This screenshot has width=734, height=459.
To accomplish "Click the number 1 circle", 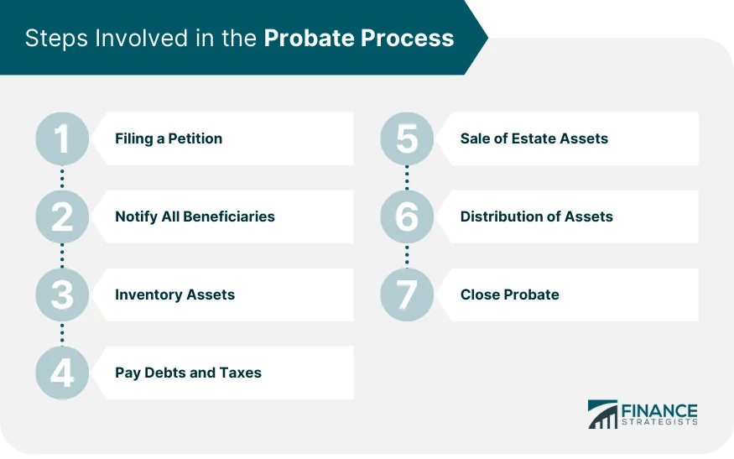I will click(x=62, y=138).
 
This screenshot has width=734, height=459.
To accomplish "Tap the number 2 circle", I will click(x=62, y=216).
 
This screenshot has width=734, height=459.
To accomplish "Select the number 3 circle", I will click(x=62, y=295).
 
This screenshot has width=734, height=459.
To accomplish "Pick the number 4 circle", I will click(x=62, y=373).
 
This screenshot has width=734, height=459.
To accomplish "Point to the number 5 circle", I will click(x=407, y=138).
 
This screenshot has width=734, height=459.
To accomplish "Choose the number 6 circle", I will click(x=407, y=216).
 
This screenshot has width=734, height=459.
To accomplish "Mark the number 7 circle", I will click(x=407, y=295).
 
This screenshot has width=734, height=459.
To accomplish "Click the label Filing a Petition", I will click(x=169, y=138).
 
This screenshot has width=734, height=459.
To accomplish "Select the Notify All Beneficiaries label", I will click(x=195, y=216).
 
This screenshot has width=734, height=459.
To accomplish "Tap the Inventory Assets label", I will click(x=174, y=295).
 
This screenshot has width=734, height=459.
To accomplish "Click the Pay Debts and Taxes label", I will click(x=188, y=373).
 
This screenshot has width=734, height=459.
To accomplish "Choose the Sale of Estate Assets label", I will click(x=534, y=138).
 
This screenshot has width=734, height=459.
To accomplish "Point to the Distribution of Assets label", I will click(x=536, y=216).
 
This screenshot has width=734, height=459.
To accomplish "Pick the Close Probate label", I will click(x=509, y=295).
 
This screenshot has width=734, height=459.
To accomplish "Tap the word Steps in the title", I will click(x=52, y=39).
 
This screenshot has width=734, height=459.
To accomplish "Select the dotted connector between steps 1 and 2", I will click(x=62, y=177).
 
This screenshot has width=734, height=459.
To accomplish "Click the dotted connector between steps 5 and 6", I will click(x=407, y=177).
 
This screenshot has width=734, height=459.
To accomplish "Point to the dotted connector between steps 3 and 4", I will click(x=62, y=334).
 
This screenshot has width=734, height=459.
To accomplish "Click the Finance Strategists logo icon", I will click(x=602, y=415).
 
